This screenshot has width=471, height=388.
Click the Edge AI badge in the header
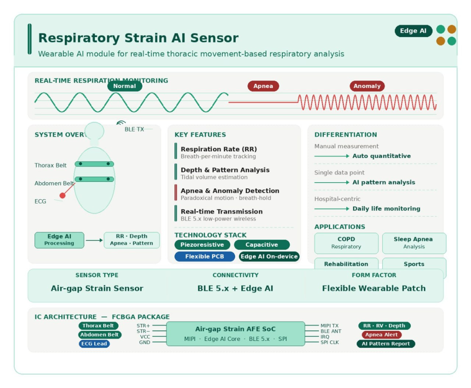tap(413, 31)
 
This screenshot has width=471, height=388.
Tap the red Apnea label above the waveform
tap(263, 86)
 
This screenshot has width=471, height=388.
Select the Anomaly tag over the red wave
tap(367, 86)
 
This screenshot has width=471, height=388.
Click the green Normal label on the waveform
tap(124, 86)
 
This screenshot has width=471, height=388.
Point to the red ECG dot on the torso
tap(63, 195)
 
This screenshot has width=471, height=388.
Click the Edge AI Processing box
tap(59, 240)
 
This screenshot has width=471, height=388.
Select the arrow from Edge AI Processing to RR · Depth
tap(94, 240)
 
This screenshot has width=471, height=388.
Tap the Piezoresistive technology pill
tap(202, 245)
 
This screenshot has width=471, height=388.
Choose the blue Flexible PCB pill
tap(205, 257)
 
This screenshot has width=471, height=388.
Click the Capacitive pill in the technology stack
tap(262, 245)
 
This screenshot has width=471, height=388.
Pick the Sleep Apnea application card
tap(414, 243)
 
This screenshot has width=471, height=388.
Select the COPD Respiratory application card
tap(346, 243)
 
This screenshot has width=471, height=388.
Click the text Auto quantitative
tap(381, 156)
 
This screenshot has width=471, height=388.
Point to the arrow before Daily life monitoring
tap(332, 209)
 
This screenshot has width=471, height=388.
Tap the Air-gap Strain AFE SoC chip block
tap(235, 334)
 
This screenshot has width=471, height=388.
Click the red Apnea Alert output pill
tap(381, 335)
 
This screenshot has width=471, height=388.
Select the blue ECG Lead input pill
tap(94, 344)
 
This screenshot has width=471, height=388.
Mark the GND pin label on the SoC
tap(145, 343)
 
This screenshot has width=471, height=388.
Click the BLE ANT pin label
tap(331, 331)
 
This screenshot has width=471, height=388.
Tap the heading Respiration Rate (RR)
tap(219, 149)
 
